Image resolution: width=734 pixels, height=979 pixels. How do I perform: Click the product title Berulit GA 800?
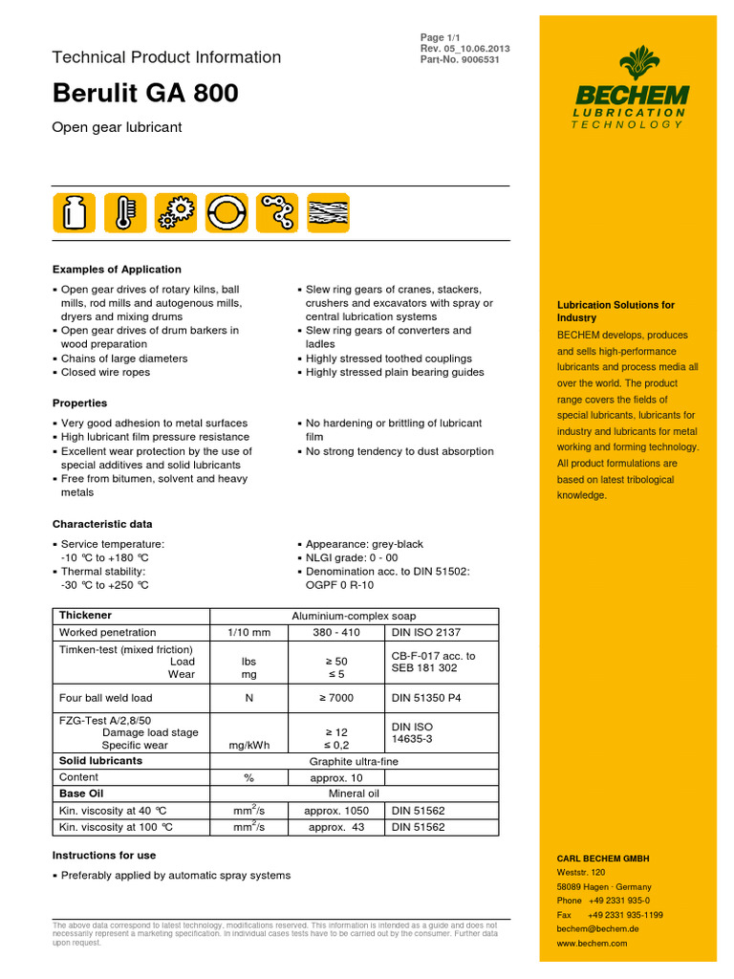coord(145,94)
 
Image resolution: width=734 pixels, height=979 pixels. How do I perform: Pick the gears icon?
coord(175,212)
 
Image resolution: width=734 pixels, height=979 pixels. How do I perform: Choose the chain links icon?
coord(277,212)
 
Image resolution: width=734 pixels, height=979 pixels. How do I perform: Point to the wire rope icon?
coord(328,212)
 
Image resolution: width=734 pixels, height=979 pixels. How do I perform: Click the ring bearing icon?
coord(227,212)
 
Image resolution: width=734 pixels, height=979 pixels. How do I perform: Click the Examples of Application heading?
coord(117,270)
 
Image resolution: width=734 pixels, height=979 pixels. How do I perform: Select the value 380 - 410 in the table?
coord(335,633)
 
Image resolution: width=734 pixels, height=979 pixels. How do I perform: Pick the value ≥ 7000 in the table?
coord(335,698)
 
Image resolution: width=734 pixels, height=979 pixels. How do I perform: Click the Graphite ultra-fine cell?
coord(354,761)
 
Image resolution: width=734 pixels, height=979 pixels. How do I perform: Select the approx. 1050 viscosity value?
coord(335,811)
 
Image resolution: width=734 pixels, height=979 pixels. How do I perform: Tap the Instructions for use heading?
coord(104,855)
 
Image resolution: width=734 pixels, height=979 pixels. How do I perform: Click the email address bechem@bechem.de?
coord(597,928)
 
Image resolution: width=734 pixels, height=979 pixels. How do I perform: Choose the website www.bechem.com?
coord(592,943)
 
